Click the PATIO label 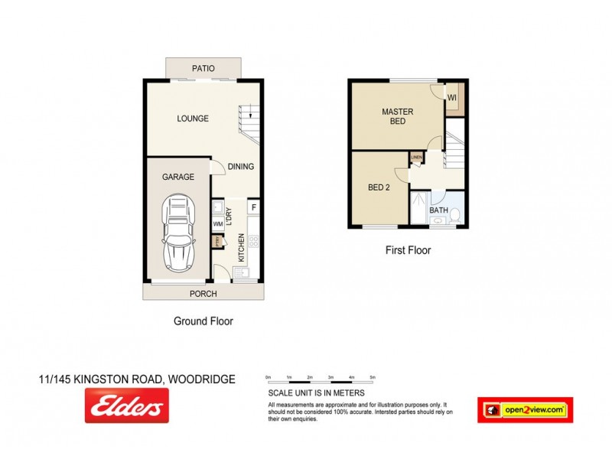203,69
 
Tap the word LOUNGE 193,119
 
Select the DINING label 240,167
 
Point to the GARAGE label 177,177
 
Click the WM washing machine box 218,224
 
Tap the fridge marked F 253,207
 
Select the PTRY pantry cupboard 217,242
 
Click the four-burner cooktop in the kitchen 253,243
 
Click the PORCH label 203,294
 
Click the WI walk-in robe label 452,98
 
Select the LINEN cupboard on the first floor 416,158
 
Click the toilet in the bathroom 454,216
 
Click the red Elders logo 127,405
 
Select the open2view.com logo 525,410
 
